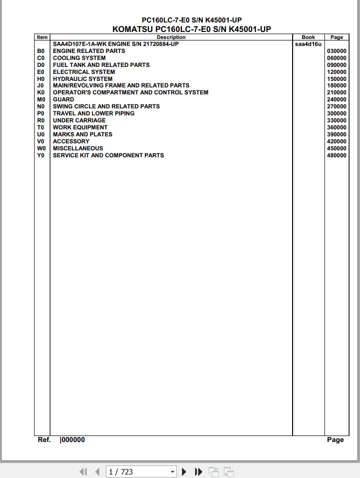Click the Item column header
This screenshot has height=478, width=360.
point(42,37)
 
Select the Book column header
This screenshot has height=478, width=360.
point(308,37)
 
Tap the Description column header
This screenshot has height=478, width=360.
point(171,37)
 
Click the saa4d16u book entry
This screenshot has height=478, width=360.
point(308,44)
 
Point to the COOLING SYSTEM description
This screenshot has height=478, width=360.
point(79,58)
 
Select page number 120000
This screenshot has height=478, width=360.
point(337,72)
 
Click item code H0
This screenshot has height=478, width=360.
point(41,79)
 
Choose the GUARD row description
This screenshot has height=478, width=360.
point(63,99)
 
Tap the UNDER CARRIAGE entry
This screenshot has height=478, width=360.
point(79,120)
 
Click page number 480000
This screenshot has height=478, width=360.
point(337,155)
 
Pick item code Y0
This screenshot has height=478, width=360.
point(41,155)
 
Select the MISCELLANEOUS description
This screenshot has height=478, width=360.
point(78,148)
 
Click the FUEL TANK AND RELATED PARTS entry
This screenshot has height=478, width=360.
point(101,65)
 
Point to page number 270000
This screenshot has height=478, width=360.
point(337,106)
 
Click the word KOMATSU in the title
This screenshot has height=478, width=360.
point(132,29)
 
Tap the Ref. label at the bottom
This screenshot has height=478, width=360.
point(44,440)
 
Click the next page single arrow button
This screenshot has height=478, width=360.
point(184,472)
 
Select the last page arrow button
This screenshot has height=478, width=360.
point(198,472)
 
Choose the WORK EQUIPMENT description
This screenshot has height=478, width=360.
point(80,127)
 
